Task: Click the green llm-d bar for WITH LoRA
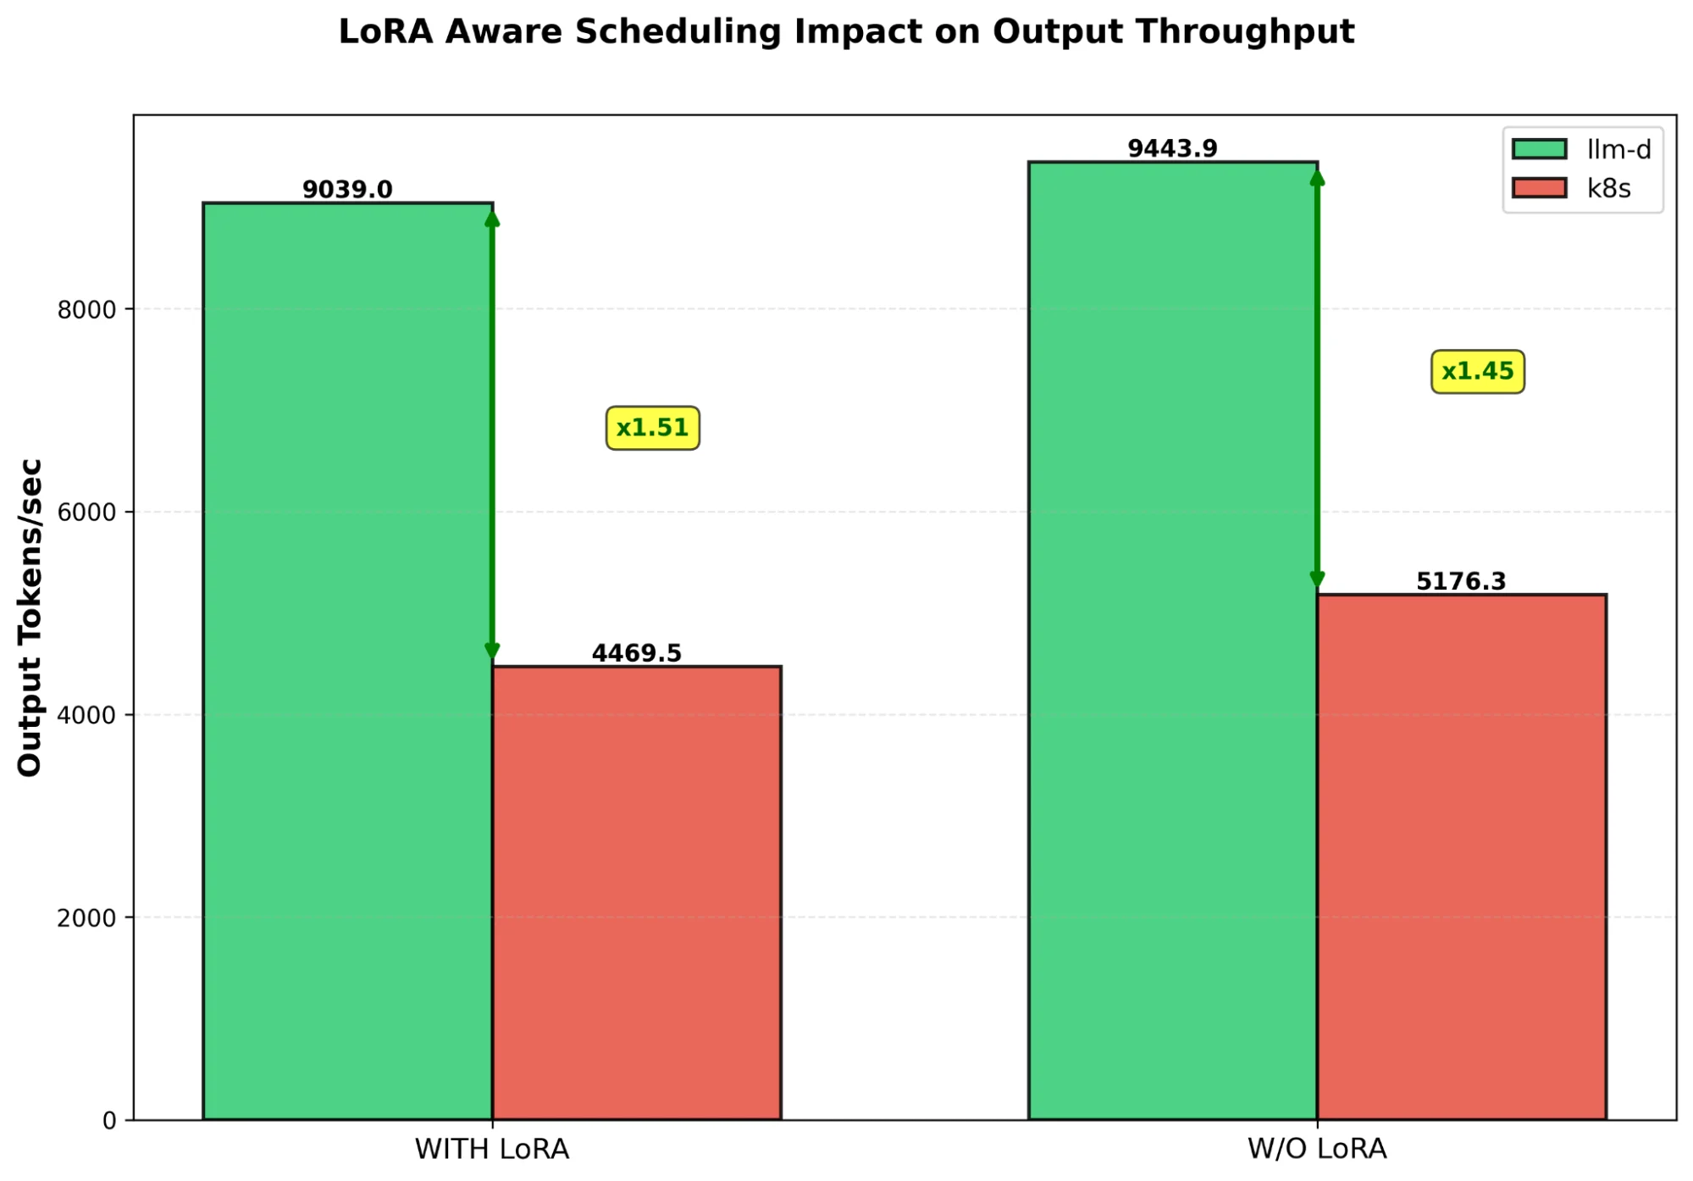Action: [x=347, y=661]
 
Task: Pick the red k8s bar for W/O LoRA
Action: [x=1461, y=857]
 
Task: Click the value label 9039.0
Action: [x=347, y=190]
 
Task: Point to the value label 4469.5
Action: [x=636, y=653]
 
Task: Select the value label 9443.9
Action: [x=1172, y=149]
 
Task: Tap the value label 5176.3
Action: [x=1461, y=581]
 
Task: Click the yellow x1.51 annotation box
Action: [x=652, y=428]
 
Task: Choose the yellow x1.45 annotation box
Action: [x=1477, y=372]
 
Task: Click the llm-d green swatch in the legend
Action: [x=1539, y=150]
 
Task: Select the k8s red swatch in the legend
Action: [x=1539, y=188]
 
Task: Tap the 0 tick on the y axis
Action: [x=109, y=1121]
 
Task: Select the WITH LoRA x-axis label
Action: [x=492, y=1150]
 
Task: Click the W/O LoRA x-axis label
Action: [x=1317, y=1150]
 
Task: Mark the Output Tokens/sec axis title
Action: [x=30, y=617]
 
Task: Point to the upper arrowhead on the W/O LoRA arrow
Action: [x=1317, y=178]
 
